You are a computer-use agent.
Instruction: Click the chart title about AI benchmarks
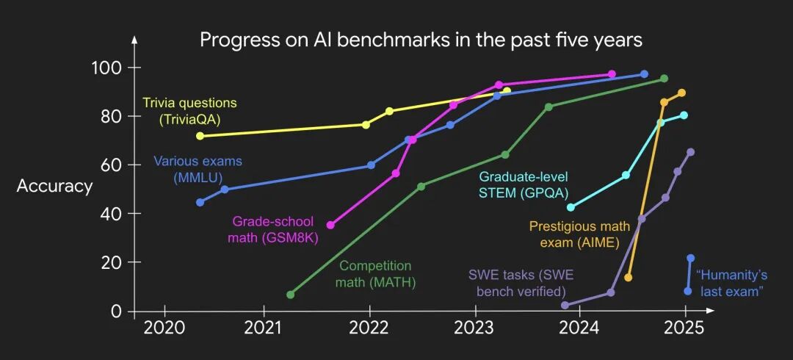[x=421, y=40]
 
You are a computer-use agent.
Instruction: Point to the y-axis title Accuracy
[x=55, y=187]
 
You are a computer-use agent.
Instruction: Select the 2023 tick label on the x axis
[x=474, y=328]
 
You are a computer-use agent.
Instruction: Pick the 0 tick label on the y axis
[x=116, y=312]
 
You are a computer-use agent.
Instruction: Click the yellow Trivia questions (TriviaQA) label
[x=189, y=110]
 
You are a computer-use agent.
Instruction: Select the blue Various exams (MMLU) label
[x=198, y=169]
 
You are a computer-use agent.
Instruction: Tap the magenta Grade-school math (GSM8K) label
[x=275, y=228]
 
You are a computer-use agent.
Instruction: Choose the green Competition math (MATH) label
[x=375, y=273]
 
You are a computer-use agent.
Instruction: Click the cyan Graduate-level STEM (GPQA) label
[x=523, y=185]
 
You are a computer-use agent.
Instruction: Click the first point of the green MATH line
[x=291, y=295]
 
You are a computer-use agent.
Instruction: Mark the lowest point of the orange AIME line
[x=628, y=278]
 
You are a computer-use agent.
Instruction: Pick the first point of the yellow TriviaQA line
[x=200, y=136]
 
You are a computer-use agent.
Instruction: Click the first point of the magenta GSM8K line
[x=330, y=225]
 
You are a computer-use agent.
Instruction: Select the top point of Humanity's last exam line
[x=690, y=258]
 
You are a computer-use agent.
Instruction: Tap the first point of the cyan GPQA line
[x=571, y=207]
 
